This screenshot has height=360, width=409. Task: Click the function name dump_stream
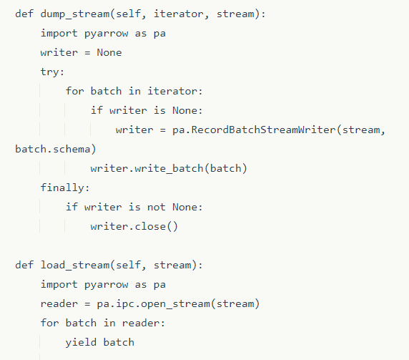point(75,14)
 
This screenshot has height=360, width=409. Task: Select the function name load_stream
point(75,266)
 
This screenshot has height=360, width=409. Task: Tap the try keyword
point(50,72)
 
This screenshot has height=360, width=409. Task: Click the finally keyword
point(62,188)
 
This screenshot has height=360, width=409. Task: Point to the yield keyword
point(81,343)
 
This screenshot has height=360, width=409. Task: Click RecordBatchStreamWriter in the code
point(263,130)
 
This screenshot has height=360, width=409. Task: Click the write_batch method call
point(169,169)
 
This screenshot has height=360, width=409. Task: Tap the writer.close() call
point(134,227)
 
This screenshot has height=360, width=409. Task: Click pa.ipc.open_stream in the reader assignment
point(153,304)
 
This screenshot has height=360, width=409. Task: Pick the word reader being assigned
point(59,304)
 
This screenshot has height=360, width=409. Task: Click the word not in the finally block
point(157,208)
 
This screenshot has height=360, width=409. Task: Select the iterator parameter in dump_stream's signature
point(179,14)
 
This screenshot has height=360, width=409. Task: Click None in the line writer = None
point(109,53)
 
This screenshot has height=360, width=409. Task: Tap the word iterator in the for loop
point(172,92)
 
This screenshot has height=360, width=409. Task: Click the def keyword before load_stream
point(24,266)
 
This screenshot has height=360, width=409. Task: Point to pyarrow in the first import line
point(106,34)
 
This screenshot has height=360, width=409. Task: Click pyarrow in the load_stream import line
point(106,285)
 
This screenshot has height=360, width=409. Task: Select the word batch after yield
point(119,343)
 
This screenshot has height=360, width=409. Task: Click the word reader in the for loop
point(141,323)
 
